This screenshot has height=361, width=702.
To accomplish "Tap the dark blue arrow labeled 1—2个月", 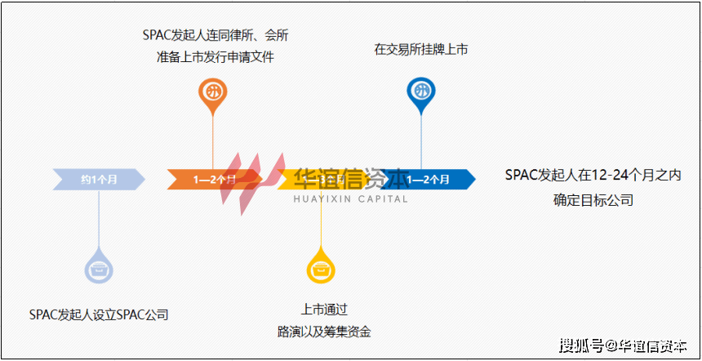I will [429, 178].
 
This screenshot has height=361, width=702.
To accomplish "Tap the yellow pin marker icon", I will [319, 267].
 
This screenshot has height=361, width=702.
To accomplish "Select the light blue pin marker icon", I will [99, 267].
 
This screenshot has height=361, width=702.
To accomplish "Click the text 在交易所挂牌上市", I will [420, 50].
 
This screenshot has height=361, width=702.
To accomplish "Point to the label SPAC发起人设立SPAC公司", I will [99, 314].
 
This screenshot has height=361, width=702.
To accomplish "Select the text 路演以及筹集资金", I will [324, 332].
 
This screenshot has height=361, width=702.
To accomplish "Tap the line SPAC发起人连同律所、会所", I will [215, 35].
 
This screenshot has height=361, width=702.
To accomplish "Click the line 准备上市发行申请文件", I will [215, 57].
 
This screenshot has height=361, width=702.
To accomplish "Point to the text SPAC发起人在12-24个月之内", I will [593, 175].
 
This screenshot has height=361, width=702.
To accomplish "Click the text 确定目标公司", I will [593, 199].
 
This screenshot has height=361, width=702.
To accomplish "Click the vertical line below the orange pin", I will [213, 139].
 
